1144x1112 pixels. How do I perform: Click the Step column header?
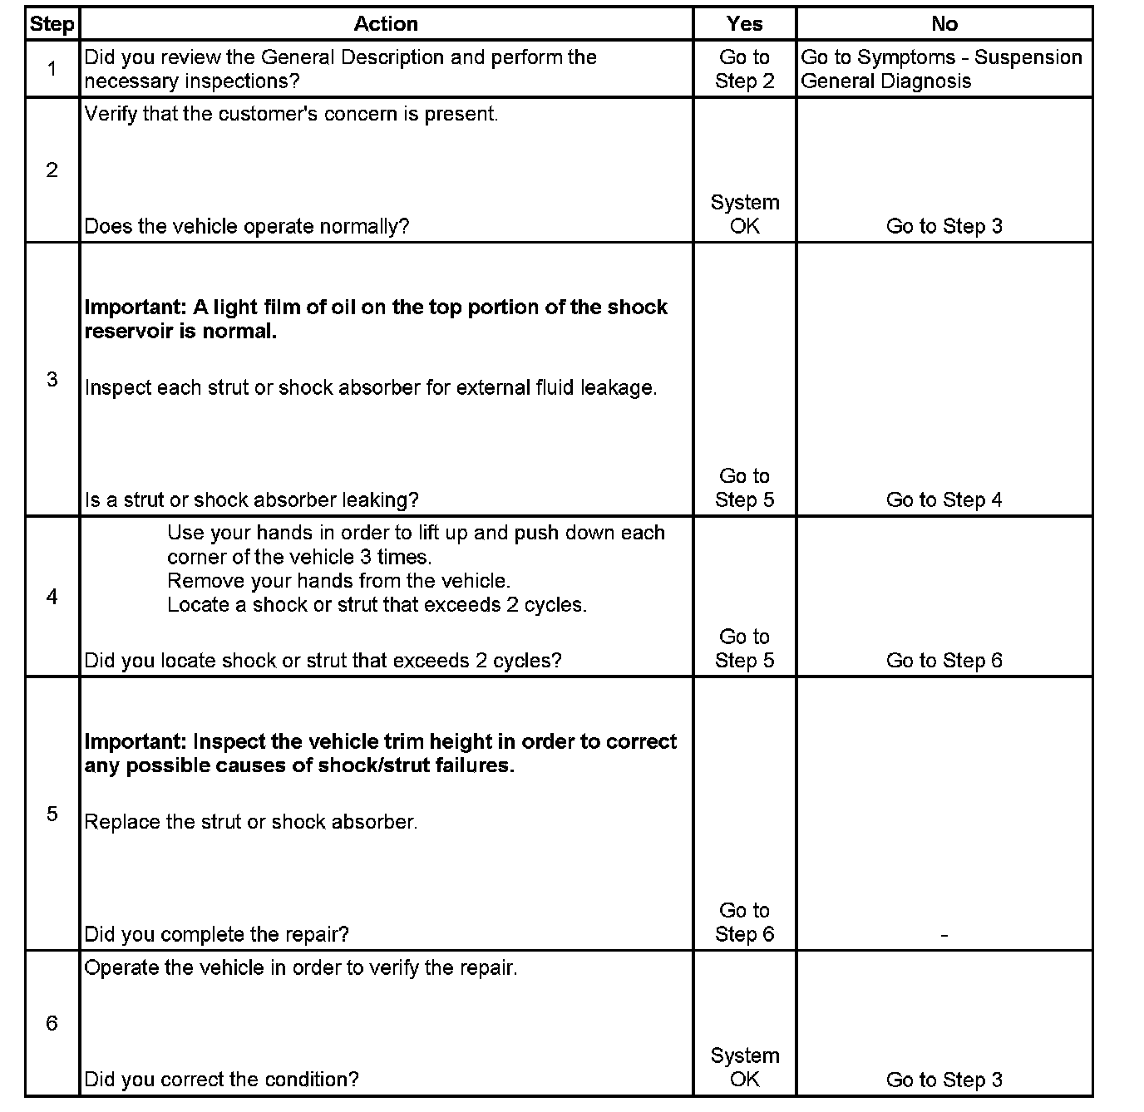point(52,24)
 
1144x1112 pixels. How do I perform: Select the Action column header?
point(386,24)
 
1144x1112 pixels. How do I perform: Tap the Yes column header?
point(744,24)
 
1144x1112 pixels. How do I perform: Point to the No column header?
point(944,24)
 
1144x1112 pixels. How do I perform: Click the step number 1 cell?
point(52,69)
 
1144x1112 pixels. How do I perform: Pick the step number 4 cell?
point(52,597)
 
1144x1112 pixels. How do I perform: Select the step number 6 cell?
point(52,1023)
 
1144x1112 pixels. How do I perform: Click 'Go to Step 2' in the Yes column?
point(744,69)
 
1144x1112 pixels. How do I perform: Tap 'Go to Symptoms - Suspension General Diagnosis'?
point(941,69)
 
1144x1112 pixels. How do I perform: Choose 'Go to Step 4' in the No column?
point(944,499)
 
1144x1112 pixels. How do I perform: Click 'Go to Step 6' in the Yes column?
point(744,923)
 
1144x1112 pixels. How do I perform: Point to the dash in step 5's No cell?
point(944,935)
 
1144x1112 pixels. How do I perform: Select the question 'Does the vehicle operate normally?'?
point(247,226)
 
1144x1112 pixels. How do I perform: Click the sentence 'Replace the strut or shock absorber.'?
point(250,822)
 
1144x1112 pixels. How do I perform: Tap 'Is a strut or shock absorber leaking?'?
point(251,499)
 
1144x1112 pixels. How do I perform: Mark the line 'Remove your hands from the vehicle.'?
point(338,581)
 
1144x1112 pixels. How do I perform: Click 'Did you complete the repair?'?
point(216,934)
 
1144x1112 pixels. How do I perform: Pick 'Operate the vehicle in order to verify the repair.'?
point(300,967)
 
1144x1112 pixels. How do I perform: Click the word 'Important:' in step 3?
point(136,308)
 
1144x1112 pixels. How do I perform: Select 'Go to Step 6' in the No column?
point(944,661)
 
